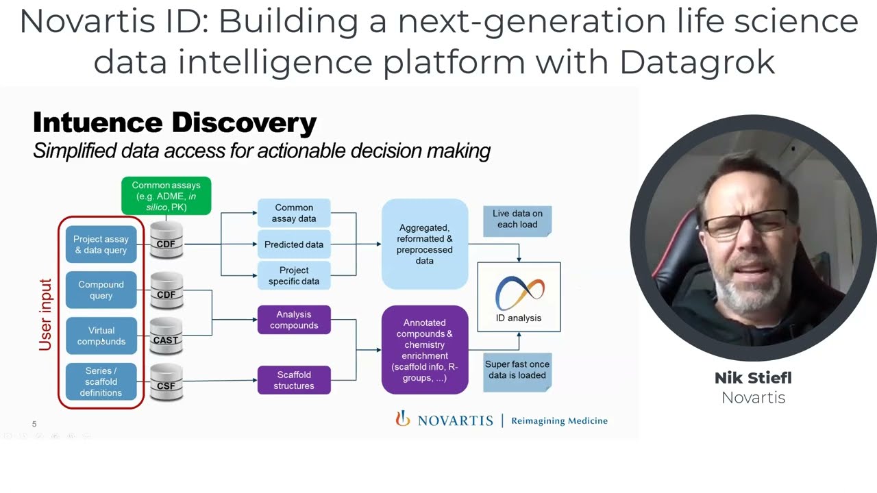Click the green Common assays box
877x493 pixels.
(166, 196)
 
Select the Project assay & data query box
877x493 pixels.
(101, 244)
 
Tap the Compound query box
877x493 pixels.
(101, 290)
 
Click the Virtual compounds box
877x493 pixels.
(101, 336)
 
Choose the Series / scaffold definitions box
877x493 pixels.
(101, 381)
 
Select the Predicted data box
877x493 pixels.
(293, 244)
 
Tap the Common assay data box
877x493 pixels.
(293, 213)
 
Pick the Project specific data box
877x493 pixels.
(293, 275)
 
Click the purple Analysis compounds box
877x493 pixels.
(293, 320)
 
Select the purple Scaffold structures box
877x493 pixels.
(293, 380)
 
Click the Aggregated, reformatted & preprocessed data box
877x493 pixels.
(424, 244)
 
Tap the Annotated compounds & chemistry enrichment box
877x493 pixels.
(424, 350)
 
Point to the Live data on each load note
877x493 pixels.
(517, 219)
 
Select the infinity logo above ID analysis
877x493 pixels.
(519, 292)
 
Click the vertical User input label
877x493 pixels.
(46, 315)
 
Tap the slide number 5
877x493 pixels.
(34, 424)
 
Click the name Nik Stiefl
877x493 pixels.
(752, 377)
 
